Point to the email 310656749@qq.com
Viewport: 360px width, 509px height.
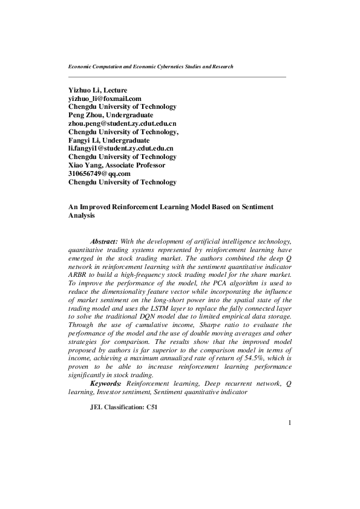tap(100, 173)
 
